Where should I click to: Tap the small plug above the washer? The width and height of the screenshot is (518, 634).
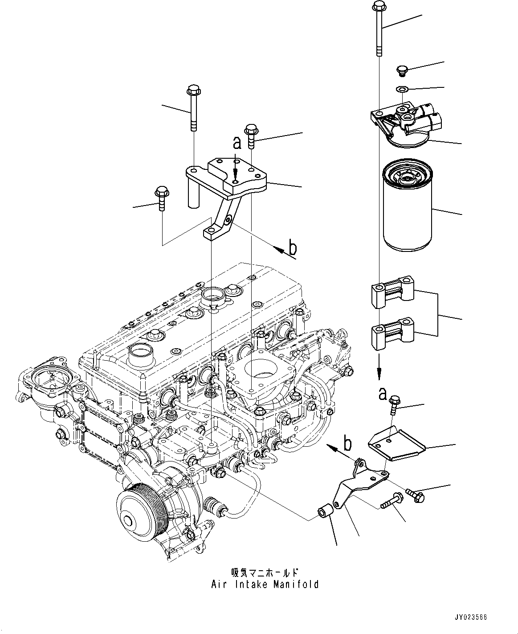click(x=401, y=70)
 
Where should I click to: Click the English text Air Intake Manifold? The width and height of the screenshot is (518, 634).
click(x=265, y=584)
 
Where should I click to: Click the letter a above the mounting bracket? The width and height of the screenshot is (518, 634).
click(x=237, y=143)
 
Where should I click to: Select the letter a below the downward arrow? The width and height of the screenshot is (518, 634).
click(x=382, y=393)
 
